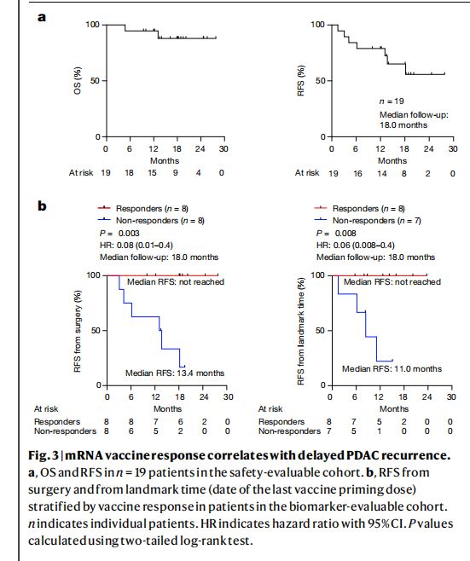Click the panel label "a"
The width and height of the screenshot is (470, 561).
point(42,17)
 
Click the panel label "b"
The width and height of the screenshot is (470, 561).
point(43,205)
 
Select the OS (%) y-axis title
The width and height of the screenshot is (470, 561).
point(78,80)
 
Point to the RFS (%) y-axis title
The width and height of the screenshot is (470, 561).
point(301,80)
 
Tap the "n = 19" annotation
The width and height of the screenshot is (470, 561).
point(392,101)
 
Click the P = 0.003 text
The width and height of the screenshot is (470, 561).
point(119,234)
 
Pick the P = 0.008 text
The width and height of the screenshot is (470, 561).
point(336,234)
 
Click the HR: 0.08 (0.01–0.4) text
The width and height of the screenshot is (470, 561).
point(136,246)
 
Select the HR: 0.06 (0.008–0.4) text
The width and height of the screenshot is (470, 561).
point(356,246)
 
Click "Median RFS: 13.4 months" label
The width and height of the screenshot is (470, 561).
point(175,373)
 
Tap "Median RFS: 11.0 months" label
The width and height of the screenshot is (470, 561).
point(392,369)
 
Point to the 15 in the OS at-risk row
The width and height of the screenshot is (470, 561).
point(152,173)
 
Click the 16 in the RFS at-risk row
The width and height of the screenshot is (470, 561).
point(357,174)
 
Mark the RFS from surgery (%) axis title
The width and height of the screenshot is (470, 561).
point(78,331)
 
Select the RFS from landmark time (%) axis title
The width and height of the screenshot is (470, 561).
point(301,331)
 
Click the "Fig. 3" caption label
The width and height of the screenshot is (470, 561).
point(44,455)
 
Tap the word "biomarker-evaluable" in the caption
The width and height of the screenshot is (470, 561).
point(361,507)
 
